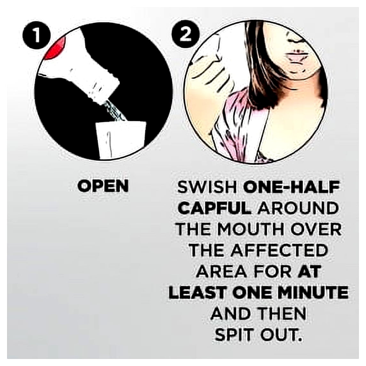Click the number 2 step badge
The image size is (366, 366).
(186, 36)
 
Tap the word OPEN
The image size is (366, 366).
(103, 186)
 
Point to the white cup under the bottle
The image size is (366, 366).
(121, 140)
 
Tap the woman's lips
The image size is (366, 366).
(296, 56)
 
